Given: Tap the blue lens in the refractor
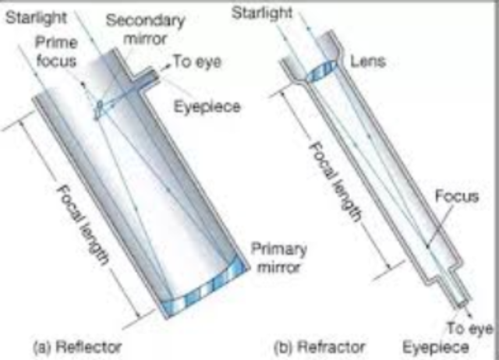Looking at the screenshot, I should pos(320,69).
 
